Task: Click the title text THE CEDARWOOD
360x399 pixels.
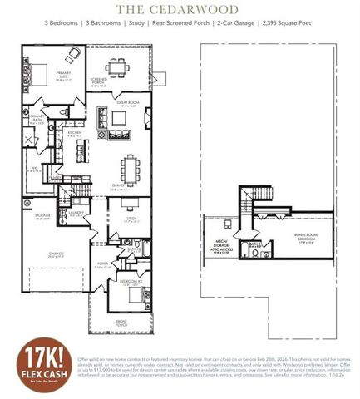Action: pyautogui.click(x=176, y=9)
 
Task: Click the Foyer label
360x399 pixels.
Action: pyautogui.click(x=100, y=267)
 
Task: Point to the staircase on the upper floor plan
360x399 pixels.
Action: pyautogui.click(x=245, y=200)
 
